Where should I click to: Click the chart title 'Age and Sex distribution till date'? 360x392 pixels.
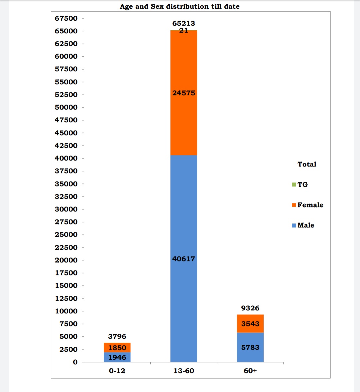pyautogui.click(x=180, y=6)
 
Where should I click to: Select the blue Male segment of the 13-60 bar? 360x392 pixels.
pyautogui.click(x=184, y=233)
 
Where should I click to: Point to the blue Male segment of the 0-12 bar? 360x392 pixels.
pyautogui.click(x=117, y=357)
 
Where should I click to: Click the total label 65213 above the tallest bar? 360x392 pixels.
pyautogui.click(x=184, y=23)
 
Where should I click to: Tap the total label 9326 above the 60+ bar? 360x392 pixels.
pyautogui.click(x=250, y=308)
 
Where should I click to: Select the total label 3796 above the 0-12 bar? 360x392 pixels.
pyautogui.click(x=117, y=336)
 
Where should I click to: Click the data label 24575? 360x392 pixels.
pyautogui.click(x=184, y=93)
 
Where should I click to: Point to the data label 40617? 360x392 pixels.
pyautogui.click(x=184, y=259)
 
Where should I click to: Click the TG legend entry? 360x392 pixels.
pyautogui.click(x=300, y=185)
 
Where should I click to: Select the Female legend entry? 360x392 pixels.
pyautogui.click(x=307, y=205)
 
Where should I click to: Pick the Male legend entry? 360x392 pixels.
pyautogui.click(x=303, y=225)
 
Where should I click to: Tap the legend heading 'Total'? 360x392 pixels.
pyautogui.click(x=307, y=164)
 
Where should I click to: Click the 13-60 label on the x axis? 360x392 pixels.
pyautogui.click(x=184, y=371)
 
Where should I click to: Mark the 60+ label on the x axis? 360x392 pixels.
pyautogui.click(x=250, y=371)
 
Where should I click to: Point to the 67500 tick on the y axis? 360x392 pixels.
pyautogui.click(x=66, y=18)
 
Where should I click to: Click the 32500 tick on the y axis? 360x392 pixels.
pyautogui.click(x=66, y=196)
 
